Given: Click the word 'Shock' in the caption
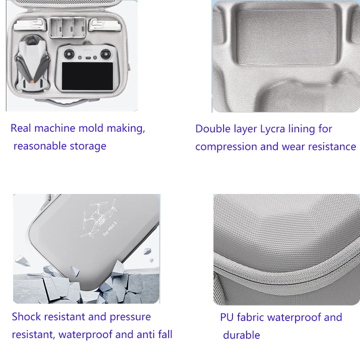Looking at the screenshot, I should pos(26,317).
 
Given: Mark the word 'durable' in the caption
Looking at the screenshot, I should pos(241,335).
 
